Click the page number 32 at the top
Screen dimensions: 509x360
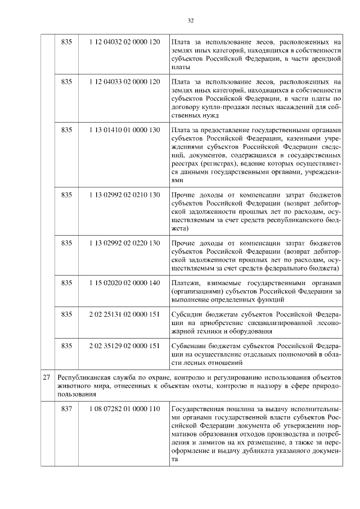point(190,20)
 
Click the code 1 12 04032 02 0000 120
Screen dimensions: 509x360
point(124,42)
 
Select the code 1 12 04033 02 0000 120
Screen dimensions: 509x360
point(124,82)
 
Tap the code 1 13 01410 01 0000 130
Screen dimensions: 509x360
point(124,130)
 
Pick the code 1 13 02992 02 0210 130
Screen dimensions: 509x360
point(124,195)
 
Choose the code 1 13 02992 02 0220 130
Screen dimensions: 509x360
point(124,243)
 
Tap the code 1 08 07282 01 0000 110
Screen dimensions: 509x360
point(124,408)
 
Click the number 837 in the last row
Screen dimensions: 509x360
point(66,408)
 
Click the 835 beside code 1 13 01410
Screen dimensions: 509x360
point(66,130)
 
